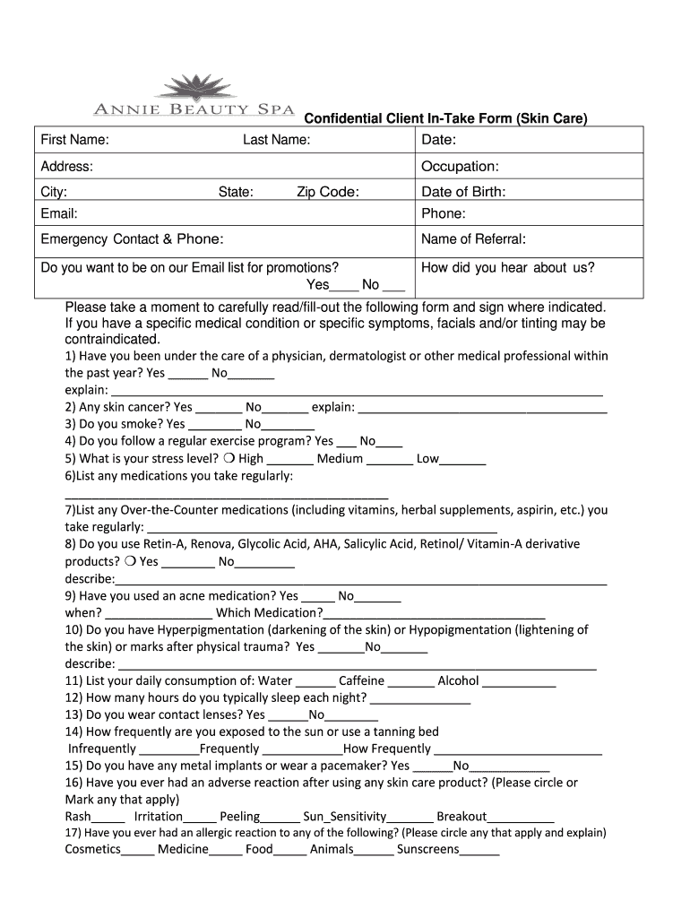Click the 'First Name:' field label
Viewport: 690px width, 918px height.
click(75, 140)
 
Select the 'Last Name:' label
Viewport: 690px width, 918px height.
click(277, 140)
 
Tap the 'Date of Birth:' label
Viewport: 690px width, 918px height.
click(463, 192)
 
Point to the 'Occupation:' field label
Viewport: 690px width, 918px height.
click(460, 167)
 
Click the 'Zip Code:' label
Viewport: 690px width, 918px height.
click(328, 192)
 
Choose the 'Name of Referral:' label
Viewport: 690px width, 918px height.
click(473, 239)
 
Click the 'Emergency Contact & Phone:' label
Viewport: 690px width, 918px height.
click(132, 239)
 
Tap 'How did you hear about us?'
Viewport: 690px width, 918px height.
click(507, 267)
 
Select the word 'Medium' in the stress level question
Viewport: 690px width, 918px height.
click(340, 459)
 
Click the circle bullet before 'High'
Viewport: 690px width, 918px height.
click(229, 459)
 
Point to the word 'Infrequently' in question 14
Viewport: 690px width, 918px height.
click(102, 749)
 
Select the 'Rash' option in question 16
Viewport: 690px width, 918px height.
click(78, 817)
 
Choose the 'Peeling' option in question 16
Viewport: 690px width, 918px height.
click(239, 817)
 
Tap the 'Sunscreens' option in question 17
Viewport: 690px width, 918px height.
click(427, 849)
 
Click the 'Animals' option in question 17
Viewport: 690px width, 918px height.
click(332, 849)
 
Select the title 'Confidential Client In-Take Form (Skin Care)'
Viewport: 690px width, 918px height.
click(446, 119)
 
